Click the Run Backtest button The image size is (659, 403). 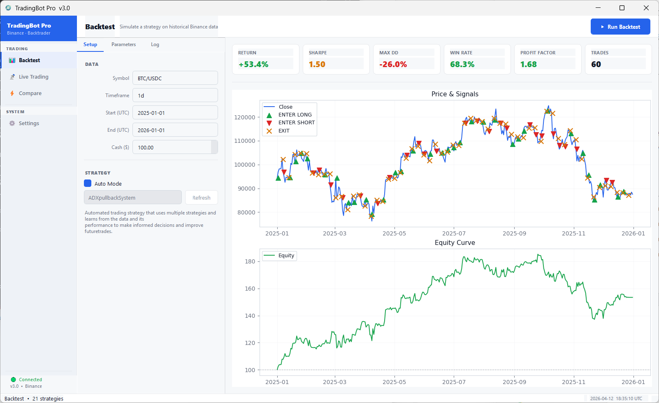(620, 27)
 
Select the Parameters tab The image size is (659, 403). (123, 44)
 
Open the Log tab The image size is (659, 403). (155, 44)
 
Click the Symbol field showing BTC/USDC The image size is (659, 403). (175, 78)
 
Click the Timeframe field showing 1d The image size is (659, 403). (175, 96)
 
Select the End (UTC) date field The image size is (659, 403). (175, 130)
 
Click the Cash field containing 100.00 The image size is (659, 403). (172, 147)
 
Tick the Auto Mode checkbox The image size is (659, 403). (88, 184)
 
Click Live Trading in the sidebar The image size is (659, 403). (33, 77)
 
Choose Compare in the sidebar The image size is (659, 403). (30, 93)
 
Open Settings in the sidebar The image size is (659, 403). (29, 123)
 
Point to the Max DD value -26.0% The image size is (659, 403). (393, 64)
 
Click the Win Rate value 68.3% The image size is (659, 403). (462, 64)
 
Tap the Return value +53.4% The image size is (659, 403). (253, 64)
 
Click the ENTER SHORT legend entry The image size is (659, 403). (296, 123)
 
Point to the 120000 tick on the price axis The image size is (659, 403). (245, 117)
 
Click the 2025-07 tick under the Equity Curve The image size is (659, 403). (454, 382)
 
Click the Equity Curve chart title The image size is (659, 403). (455, 243)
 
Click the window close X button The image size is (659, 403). (646, 8)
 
